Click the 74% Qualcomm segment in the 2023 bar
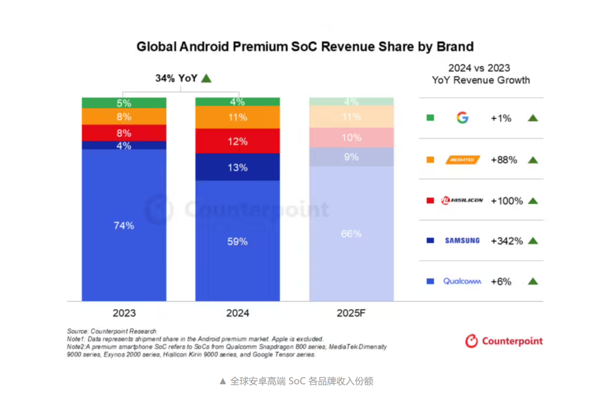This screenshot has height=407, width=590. click(x=124, y=225)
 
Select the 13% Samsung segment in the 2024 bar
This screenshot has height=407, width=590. click(x=237, y=167)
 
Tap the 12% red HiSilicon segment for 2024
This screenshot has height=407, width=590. click(x=237, y=141)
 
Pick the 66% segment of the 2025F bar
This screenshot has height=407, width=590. click(x=351, y=233)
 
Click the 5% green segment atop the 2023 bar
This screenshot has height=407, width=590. click(x=124, y=103)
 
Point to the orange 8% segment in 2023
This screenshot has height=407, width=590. click(x=124, y=117)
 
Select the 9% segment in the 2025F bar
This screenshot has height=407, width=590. click(x=351, y=157)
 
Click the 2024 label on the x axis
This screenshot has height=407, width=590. click(x=237, y=313)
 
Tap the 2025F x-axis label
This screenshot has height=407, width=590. click(x=351, y=313)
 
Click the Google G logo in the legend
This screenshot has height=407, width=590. click(x=462, y=118)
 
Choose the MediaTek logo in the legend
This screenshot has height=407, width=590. click(x=462, y=160)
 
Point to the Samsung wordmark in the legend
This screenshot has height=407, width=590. click(x=462, y=240)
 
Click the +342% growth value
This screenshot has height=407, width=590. click(x=507, y=241)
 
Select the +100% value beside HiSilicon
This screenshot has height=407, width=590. click(x=507, y=201)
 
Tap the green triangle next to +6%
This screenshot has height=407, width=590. click(x=533, y=281)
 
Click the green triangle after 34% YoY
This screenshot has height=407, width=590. click(x=206, y=78)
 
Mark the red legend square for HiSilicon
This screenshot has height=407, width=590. click(x=430, y=201)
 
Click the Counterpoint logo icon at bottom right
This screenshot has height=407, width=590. click(x=472, y=341)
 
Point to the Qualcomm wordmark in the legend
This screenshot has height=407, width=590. click(x=462, y=281)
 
